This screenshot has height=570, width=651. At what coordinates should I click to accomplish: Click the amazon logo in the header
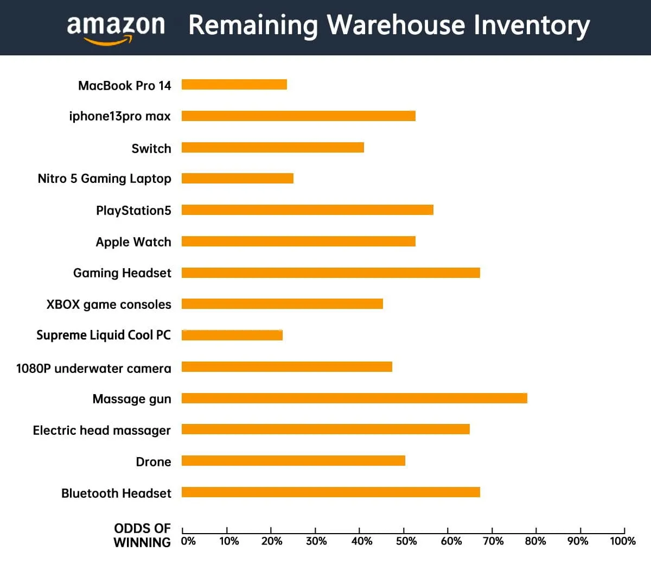(x=116, y=28)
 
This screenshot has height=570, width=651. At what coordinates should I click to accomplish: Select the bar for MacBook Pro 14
(x=234, y=84)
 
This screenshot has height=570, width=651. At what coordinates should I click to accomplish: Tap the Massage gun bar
(x=354, y=398)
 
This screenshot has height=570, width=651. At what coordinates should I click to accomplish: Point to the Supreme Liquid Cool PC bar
(x=232, y=335)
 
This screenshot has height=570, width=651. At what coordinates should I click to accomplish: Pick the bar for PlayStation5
(x=307, y=210)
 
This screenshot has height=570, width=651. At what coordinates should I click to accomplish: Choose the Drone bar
(x=293, y=461)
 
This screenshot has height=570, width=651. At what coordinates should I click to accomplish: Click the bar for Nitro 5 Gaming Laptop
(x=237, y=179)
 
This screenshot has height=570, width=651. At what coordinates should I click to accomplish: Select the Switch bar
(x=272, y=147)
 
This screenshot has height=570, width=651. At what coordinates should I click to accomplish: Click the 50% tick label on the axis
(x=406, y=541)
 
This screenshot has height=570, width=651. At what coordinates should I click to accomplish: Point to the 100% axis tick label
(x=622, y=541)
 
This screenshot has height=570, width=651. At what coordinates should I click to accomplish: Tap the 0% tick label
(x=188, y=541)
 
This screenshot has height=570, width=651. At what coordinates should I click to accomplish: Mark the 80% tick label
(x=535, y=541)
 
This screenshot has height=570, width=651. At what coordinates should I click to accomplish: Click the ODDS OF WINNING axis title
(x=142, y=535)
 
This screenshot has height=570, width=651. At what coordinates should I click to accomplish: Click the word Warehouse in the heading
(x=396, y=26)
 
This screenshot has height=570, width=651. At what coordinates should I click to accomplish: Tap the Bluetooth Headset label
(x=116, y=493)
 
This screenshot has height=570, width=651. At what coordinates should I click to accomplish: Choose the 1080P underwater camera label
(x=93, y=369)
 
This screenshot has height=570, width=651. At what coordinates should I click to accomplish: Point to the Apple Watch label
(x=133, y=242)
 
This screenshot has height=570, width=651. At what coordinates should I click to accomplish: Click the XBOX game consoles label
(x=108, y=305)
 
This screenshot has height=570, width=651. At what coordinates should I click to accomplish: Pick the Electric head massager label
(x=101, y=430)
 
